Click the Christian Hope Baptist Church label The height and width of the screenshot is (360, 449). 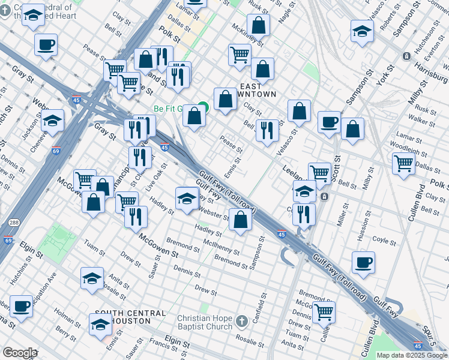pos(204,322)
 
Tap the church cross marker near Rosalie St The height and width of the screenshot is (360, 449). pos(241,322)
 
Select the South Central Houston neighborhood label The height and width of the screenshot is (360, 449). pos(130,317)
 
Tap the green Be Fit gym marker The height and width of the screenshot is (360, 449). pos(203,108)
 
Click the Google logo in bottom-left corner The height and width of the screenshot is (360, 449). pos(19,353)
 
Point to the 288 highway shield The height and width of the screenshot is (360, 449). pos(13,223)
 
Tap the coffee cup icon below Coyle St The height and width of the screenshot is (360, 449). pos(363,262)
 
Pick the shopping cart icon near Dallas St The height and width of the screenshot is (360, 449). pos(403,162)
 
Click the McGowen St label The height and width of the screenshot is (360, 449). pos(159,245)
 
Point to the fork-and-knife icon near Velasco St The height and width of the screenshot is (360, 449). pos(267,130)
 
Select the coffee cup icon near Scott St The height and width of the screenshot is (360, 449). pos(328,122)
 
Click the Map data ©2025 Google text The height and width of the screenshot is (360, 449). pos(411,355)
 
